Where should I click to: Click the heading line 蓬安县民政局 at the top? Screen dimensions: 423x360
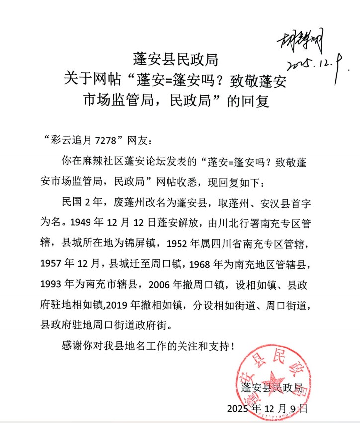pyautogui.click(x=176, y=59)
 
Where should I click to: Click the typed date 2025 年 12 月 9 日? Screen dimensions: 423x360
pyautogui.click(x=268, y=409)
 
